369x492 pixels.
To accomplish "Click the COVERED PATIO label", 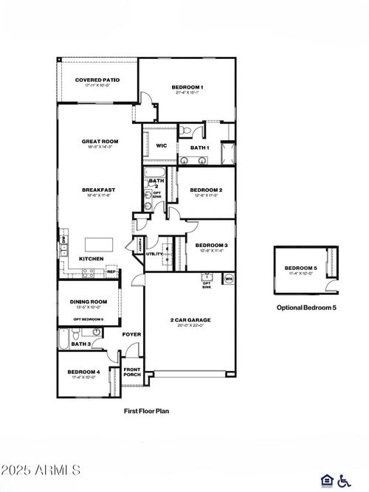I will [97, 80].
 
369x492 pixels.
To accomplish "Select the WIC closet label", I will [161, 145].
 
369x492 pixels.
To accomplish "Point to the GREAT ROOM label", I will [100, 141].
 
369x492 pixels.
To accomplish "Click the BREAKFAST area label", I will [98, 190].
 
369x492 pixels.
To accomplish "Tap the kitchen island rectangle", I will [97, 244].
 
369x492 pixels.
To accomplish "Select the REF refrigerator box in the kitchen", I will [112, 271].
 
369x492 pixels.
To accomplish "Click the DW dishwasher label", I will [64, 240].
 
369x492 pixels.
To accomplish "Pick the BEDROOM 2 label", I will [201, 190].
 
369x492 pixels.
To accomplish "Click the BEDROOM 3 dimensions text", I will [211, 250].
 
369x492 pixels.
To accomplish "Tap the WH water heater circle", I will [228, 279].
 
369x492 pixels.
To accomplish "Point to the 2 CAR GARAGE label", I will [190, 319].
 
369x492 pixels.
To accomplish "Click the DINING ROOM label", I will [89, 301].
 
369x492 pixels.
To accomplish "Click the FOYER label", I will [131, 334].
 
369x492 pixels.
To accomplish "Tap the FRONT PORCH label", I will [131, 373].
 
